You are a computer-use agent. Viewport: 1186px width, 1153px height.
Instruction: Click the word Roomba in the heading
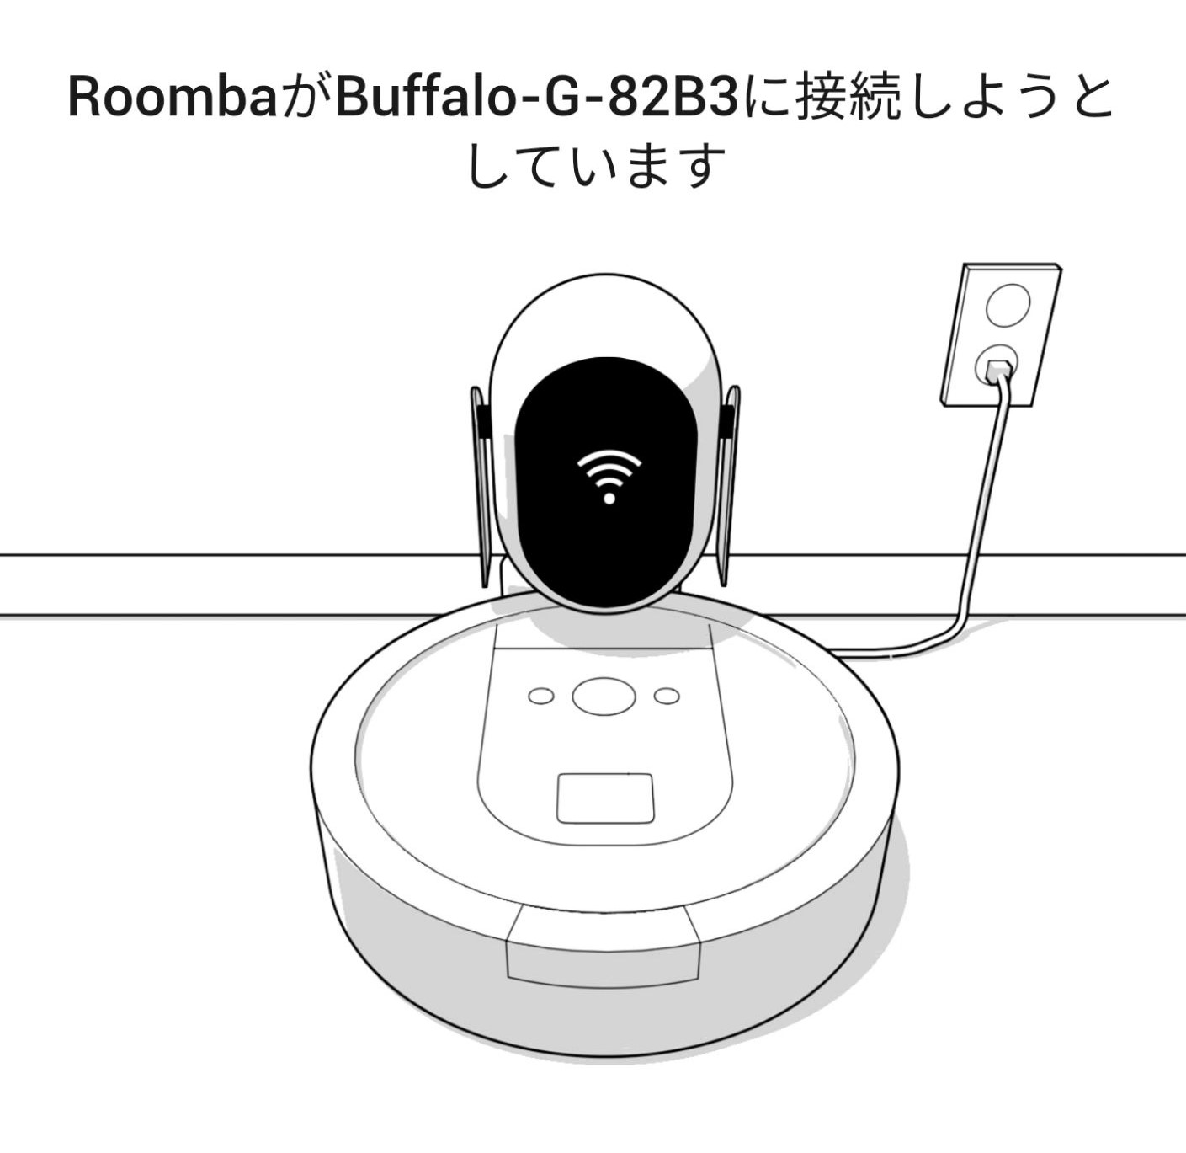173,96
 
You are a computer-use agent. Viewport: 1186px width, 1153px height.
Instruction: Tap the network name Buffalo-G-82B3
538,96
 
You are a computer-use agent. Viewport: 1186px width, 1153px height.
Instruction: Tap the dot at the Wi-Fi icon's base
609,498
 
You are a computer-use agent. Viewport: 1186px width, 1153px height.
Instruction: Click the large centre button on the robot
604,697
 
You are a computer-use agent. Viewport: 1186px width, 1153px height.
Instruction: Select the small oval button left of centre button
540,696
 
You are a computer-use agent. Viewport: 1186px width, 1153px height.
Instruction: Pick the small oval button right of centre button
667,696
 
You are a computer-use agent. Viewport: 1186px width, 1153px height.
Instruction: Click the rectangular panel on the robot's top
605,798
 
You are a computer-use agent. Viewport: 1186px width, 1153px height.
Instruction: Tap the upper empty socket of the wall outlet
1008,304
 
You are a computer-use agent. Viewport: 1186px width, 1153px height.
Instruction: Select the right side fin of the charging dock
729,485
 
